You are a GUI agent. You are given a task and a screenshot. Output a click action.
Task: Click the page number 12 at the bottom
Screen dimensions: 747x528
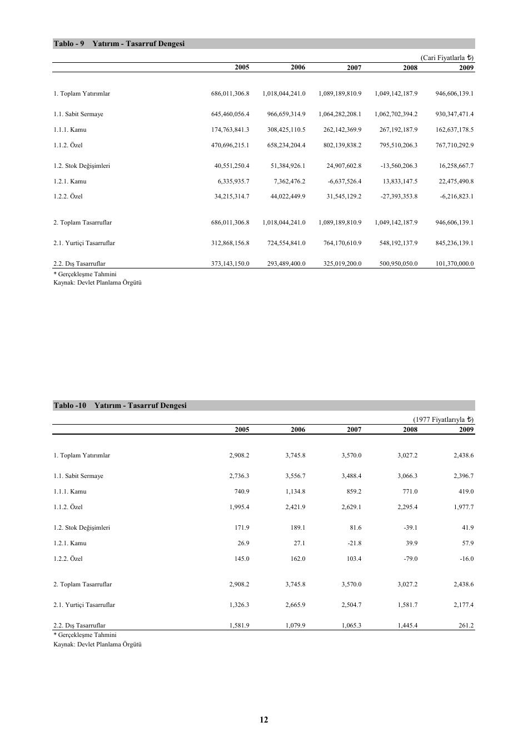tap(263, 720)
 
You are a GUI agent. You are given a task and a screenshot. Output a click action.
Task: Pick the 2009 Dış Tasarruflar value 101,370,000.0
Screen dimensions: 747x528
tap(455, 264)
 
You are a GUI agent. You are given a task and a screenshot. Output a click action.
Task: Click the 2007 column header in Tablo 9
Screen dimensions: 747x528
tap(354, 68)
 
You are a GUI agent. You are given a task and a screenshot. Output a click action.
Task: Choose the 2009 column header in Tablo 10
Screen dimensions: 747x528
tap(466, 430)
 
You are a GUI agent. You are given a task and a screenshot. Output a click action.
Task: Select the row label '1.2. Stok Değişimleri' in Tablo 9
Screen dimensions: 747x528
tap(82, 166)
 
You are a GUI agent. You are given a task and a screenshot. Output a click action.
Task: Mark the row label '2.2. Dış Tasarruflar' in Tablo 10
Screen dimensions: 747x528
tap(79, 626)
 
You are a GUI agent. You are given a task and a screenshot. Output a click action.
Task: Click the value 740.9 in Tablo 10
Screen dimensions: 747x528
tap(242, 492)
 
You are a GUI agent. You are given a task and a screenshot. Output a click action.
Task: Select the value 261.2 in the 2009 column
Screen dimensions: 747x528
tap(466, 626)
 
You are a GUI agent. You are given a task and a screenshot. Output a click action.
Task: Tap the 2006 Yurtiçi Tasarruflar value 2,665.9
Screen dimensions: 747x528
tap(295, 605)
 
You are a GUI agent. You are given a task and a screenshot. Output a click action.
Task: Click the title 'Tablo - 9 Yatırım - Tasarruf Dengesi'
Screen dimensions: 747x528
tap(119, 44)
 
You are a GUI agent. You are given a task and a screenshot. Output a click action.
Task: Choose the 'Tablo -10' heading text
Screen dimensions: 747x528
tap(69, 406)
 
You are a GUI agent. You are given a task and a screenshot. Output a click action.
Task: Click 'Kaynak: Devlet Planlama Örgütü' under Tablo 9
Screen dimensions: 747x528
tap(97, 283)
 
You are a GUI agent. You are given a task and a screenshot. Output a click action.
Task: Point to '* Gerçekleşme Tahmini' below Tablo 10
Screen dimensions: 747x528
tap(85, 635)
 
